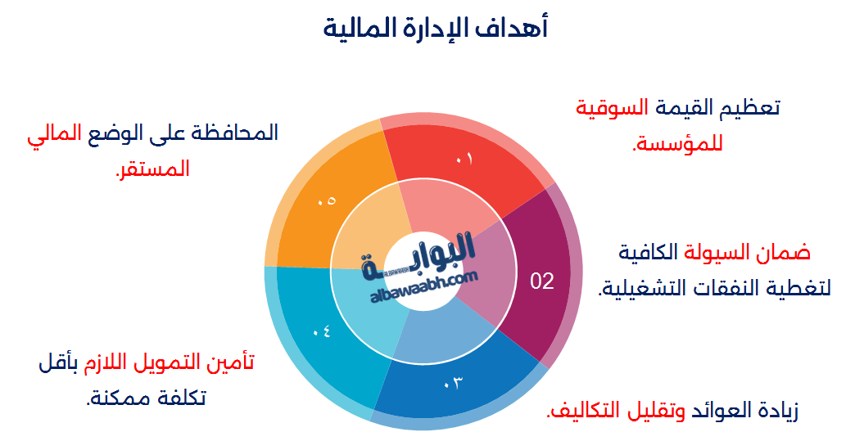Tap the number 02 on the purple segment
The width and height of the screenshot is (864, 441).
(542, 281)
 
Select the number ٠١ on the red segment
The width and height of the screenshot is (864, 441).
(464, 160)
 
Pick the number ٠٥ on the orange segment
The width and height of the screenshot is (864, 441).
(326, 200)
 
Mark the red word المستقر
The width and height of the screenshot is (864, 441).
(152, 169)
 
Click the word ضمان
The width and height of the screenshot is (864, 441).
(789, 252)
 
